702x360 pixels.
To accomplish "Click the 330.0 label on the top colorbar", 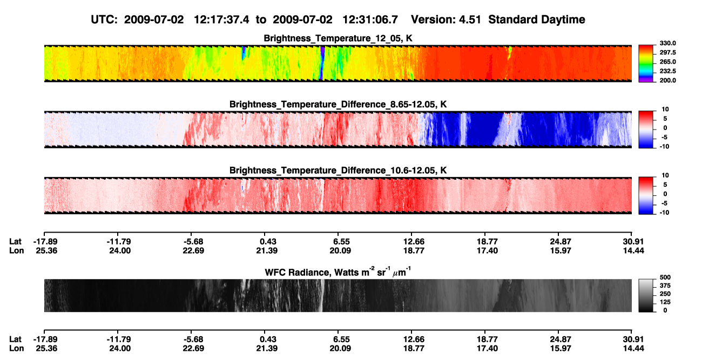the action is [667, 43].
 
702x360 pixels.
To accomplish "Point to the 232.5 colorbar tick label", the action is [667, 71].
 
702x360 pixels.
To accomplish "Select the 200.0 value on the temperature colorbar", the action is [667, 80].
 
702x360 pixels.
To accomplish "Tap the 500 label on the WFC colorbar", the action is [665, 277].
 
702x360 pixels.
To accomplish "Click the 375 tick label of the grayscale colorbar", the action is [665, 286].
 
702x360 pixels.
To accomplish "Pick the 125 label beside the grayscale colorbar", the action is [665, 302].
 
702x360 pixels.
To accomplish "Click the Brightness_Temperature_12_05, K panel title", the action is [338, 38].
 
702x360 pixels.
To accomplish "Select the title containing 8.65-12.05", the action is [338, 104].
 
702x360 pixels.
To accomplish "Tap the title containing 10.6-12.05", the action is [338, 171].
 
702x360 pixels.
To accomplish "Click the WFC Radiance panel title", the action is [338, 272].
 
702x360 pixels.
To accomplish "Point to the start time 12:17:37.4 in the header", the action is [221, 20].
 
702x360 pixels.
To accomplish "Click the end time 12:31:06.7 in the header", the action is [370, 20].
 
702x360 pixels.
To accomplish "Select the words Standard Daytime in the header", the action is [537, 20].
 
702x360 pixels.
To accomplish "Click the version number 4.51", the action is [470, 20].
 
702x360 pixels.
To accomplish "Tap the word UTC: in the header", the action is [104, 20].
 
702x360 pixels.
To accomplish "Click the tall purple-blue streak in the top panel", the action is [322, 63].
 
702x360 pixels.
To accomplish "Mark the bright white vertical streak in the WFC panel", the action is [321, 295].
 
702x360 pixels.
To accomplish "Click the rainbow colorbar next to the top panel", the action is [646, 63].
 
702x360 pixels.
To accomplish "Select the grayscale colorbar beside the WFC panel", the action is [646, 295].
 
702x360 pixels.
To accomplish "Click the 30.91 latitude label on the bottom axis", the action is [633, 339].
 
